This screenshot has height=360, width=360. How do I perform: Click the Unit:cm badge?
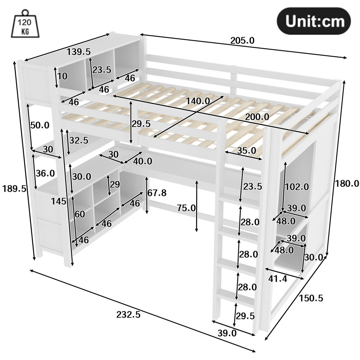click(x=314, y=21)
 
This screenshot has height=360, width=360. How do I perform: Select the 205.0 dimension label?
click(x=242, y=41)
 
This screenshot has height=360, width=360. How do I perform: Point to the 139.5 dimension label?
click(x=79, y=52)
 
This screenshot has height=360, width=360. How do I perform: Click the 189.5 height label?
click(x=14, y=189)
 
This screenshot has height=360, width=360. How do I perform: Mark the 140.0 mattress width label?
click(x=198, y=101)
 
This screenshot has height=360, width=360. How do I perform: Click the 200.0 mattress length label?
click(x=257, y=117)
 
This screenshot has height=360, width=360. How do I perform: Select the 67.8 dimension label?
click(x=157, y=193)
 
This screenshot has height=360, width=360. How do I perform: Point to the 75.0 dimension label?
click(x=186, y=208)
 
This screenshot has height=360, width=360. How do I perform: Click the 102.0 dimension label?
click(x=297, y=187)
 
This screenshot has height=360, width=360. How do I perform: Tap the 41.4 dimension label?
click(x=277, y=279)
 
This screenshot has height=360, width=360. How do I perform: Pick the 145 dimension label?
click(x=59, y=201)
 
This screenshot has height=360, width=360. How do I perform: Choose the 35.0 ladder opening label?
click(x=247, y=151)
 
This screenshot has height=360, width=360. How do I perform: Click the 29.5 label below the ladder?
click(x=245, y=316)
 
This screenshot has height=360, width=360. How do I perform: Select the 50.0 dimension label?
click(x=40, y=125)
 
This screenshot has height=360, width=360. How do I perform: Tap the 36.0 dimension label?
click(x=45, y=173)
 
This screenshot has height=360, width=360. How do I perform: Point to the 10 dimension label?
click(x=62, y=76)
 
